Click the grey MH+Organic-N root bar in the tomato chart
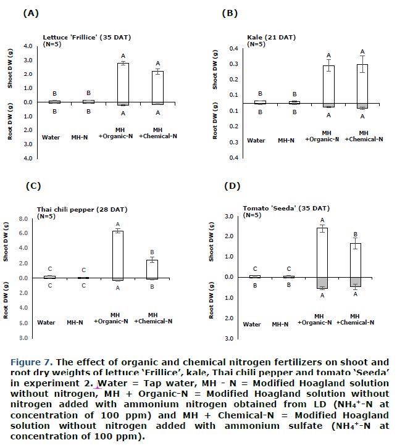click(x=322, y=283)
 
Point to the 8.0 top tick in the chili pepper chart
click(x=24, y=219)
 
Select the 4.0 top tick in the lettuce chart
click(x=28, y=46)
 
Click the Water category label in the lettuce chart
click(x=51, y=137)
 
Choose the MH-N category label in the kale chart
click(x=285, y=141)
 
